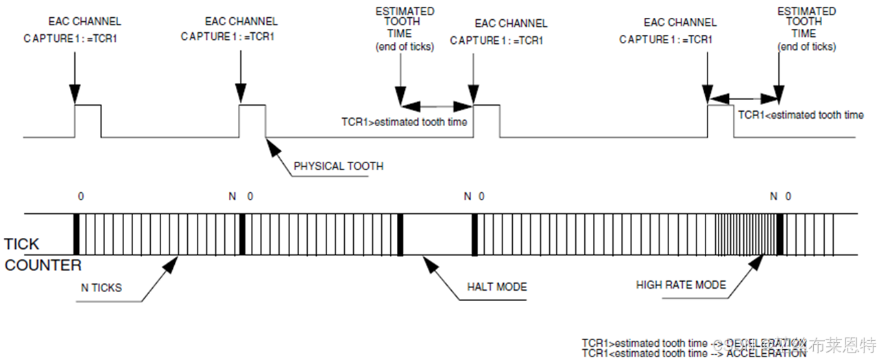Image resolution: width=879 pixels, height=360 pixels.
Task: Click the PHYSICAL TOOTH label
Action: (x=338, y=166)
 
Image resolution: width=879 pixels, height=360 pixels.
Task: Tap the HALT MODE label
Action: (x=497, y=286)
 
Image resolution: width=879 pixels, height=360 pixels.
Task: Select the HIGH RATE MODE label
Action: (x=680, y=285)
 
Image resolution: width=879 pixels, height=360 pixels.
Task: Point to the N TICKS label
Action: (x=101, y=287)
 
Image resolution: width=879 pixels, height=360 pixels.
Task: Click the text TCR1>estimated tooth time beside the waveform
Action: (x=404, y=122)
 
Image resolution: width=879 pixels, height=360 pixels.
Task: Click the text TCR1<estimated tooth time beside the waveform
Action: (x=800, y=115)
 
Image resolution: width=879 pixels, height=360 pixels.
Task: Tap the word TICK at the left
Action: (x=22, y=244)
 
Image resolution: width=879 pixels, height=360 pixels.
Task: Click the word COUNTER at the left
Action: (x=43, y=265)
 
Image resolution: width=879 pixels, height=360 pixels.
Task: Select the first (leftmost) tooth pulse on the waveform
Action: (x=88, y=120)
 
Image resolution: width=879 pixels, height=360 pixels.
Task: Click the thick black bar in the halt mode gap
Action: (x=400, y=235)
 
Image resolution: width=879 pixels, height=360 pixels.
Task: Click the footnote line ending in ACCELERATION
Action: (x=693, y=353)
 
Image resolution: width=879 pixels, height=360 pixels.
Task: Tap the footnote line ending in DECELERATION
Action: (x=693, y=342)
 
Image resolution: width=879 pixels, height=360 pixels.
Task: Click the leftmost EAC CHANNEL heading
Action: (x=85, y=22)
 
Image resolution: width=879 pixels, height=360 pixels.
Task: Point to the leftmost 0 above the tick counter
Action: (x=81, y=197)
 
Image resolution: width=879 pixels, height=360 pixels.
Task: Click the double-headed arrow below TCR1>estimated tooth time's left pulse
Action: (x=438, y=106)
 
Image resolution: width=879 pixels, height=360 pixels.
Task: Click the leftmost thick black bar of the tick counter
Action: (x=77, y=235)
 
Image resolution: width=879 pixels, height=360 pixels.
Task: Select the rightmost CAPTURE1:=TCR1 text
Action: (x=666, y=40)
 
